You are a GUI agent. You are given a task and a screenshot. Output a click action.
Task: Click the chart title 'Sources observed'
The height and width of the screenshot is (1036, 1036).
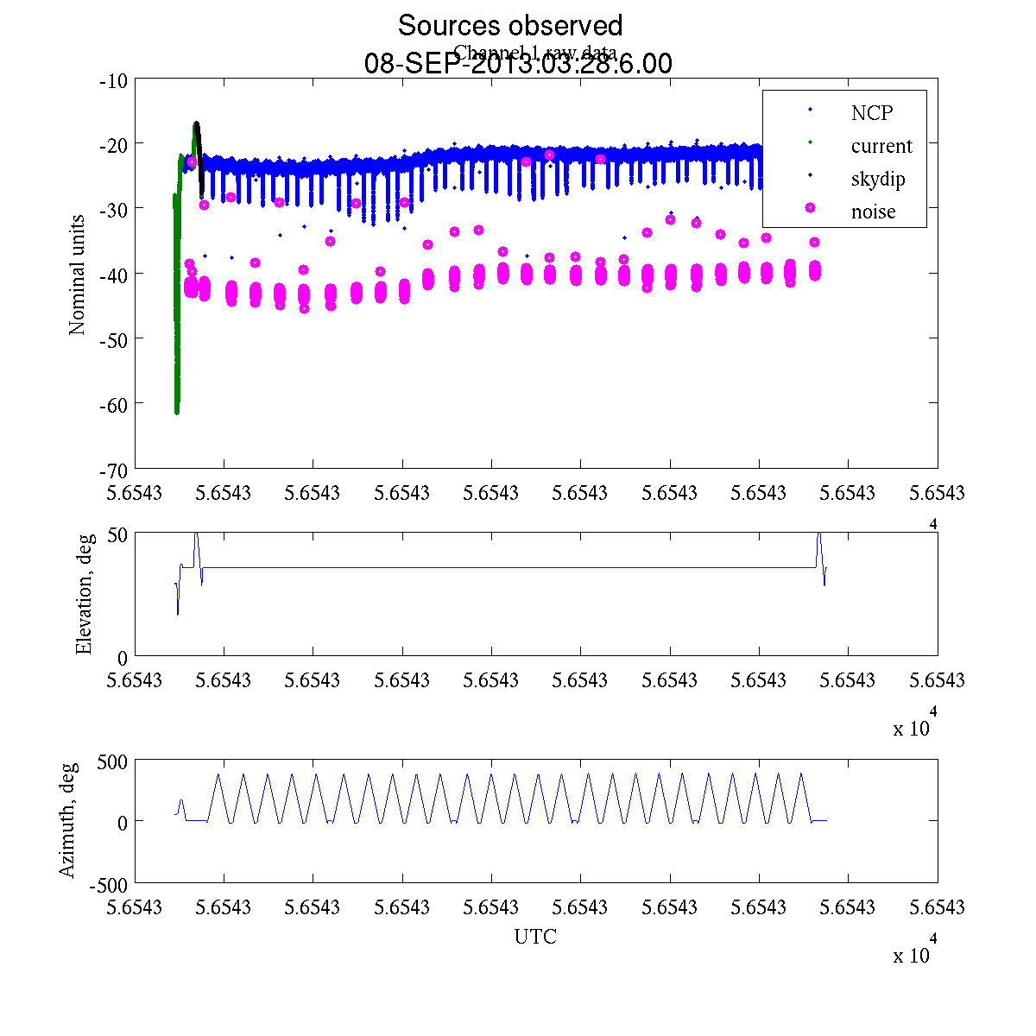[509, 25]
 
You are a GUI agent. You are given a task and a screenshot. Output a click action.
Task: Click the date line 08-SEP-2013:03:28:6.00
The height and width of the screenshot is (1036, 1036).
[518, 64]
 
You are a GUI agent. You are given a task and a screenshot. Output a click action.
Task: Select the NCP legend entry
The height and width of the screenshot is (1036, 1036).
[871, 113]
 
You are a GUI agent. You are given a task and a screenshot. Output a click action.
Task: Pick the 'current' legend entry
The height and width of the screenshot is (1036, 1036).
[881, 146]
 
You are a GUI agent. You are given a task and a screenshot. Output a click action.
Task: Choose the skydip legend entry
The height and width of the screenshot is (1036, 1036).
[877, 180]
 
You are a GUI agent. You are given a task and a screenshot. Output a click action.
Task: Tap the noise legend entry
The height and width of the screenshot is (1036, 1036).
[873, 212]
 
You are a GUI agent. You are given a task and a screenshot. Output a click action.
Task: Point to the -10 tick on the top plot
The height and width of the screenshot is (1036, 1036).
[114, 81]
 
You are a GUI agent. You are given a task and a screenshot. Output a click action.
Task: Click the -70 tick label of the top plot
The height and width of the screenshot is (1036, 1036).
[114, 471]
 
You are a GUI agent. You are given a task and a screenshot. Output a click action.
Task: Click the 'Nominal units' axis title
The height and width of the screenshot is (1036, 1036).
[78, 275]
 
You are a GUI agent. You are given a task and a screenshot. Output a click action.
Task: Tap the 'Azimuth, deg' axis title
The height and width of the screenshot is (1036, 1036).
[68, 820]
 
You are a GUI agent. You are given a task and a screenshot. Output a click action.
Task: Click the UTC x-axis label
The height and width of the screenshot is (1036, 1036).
[535, 937]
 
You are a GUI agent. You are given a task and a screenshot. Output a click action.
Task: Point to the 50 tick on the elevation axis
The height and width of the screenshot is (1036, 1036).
[117, 534]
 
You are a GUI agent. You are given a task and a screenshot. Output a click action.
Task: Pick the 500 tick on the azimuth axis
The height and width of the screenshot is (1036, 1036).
[112, 761]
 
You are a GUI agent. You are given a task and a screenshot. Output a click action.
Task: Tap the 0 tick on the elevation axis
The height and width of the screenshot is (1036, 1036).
[122, 658]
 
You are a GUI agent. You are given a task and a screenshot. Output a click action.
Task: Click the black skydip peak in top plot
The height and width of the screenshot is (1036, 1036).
[196, 125]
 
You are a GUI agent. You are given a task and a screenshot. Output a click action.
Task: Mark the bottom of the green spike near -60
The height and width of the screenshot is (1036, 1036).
[177, 411]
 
